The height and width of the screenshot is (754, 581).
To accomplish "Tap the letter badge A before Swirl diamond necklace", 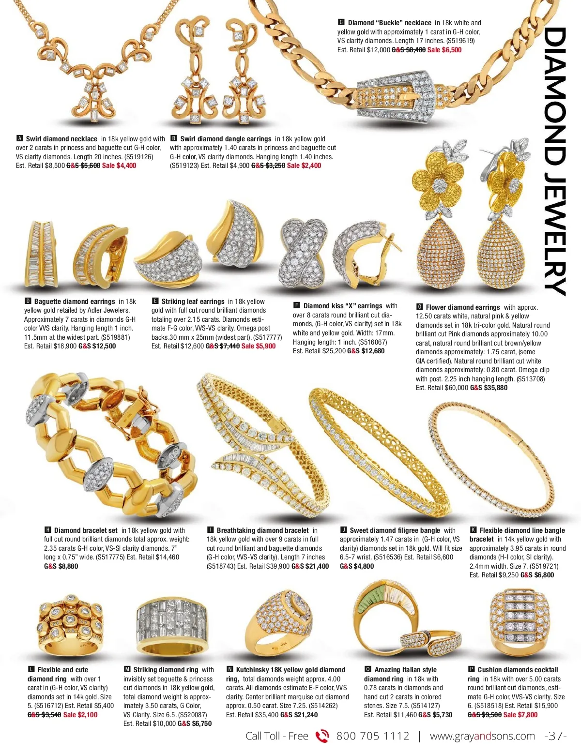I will pos(20,139).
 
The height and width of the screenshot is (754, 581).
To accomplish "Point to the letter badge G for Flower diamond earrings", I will pos(420,307).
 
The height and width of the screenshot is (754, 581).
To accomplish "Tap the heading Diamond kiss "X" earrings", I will pos(343,306).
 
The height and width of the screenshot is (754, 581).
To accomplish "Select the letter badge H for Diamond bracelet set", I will pos(48,530).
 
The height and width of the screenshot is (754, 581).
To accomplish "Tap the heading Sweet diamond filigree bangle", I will pos(395,530).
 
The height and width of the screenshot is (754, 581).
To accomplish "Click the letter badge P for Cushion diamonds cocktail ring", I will pos(472,670).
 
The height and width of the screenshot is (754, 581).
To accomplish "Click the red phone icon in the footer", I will pos(322,736).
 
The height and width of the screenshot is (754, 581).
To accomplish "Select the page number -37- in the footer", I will pos(555,736).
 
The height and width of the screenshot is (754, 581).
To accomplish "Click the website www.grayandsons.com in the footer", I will pos(482,736).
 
